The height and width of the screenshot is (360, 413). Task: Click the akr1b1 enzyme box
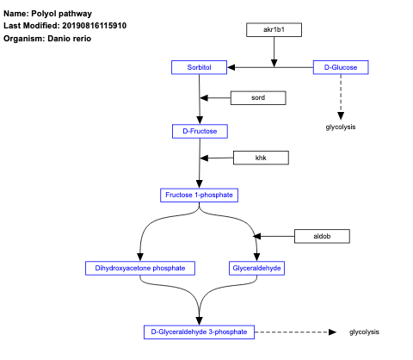point(274,30)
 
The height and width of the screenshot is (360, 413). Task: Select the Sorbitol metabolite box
point(199,67)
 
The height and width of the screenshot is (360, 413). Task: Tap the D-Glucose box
point(341,67)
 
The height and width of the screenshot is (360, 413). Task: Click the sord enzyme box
point(257,98)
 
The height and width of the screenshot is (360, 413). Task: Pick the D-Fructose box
point(200,131)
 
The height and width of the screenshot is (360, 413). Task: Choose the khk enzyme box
point(261,158)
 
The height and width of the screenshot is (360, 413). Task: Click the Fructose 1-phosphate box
point(199,196)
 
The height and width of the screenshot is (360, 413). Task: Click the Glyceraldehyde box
point(257,268)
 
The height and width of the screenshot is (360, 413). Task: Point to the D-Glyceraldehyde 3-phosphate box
point(199,332)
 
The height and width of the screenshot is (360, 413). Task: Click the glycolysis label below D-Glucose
point(341,127)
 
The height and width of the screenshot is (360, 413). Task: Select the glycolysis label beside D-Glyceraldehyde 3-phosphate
point(364,332)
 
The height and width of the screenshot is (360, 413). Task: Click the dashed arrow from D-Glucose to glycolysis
point(341,95)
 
